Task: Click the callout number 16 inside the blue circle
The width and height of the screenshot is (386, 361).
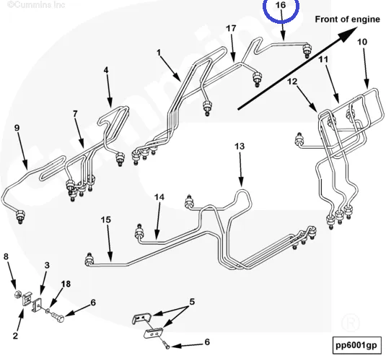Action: pyautogui.click(x=281, y=5)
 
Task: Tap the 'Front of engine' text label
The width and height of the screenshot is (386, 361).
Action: pyautogui.click(x=347, y=19)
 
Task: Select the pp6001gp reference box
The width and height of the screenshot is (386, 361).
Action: pyautogui.click(x=356, y=345)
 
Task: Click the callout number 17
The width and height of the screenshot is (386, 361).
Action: pyautogui.click(x=231, y=28)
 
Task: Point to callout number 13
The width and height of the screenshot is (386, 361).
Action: pyautogui.click(x=240, y=146)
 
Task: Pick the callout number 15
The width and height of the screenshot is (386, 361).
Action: pyautogui.click(x=106, y=219)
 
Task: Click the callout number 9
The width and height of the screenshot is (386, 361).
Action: pyautogui.click(x=17, y=128)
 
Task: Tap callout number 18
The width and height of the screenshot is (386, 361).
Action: pyautogui.click(x=66, y=284)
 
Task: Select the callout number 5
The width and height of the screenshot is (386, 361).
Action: pyautogui.click(x=192, y=301)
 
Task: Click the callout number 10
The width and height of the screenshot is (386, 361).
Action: pyautogui.click(x=362, y=42)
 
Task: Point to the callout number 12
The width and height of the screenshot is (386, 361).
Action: pyautogui.click(x=292, y=82)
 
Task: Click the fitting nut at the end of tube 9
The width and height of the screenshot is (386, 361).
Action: pyautogui.click(x=20, y=217)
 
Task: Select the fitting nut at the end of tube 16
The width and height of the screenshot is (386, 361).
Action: pyautogui.click(x=307, y=51)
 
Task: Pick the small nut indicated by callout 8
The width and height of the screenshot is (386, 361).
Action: pyautogui.click(x=17, y=294)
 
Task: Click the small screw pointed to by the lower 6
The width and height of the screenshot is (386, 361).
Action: pyautogui.click(x=166, y=344)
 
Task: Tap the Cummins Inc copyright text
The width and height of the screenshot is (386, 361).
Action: pyautogui.click(x=36, y=4)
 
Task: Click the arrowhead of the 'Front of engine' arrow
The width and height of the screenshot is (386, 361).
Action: pyautogui.click(x=348, y=33)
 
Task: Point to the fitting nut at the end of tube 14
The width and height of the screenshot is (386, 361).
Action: pyautogui.click(x=139, y=232)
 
